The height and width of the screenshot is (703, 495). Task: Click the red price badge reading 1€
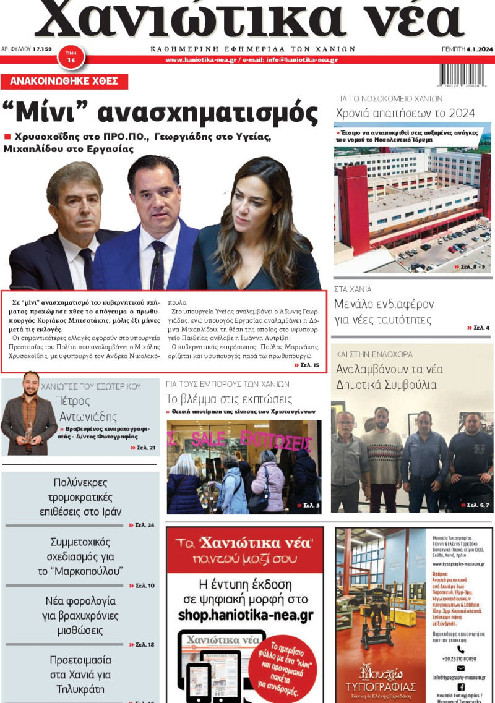coord(71,59)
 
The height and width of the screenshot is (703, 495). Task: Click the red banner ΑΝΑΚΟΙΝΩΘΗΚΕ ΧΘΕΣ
coord(64,81)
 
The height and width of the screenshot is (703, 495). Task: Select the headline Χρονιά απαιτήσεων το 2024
coord(405,113)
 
